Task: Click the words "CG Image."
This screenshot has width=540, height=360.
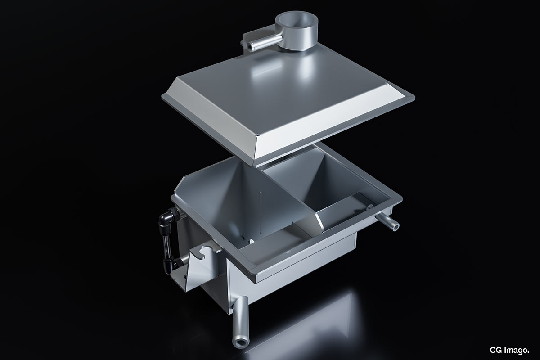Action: (x=509, y=350)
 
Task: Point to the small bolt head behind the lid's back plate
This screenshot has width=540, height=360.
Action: (x=242, y=43)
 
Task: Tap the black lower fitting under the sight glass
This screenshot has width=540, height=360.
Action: (x=171, y=265)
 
